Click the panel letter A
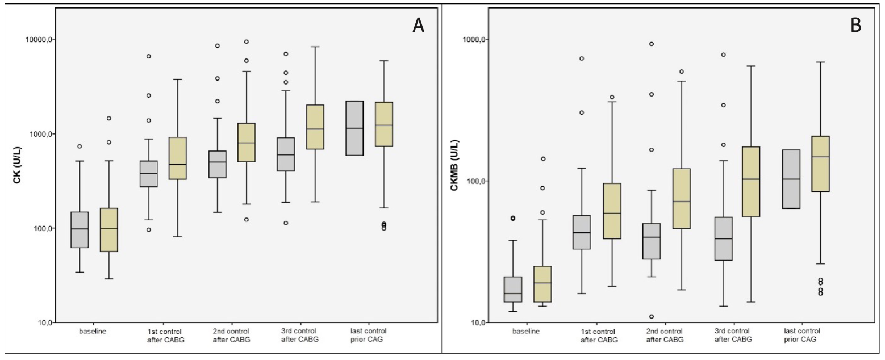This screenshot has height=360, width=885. tap(418, 26)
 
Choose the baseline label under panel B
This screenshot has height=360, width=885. tap(526, 330)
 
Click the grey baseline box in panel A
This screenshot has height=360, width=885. tap(80, 229)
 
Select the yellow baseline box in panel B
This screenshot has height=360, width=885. tap(542, 284)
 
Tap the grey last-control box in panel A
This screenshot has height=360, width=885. tap(354, 128)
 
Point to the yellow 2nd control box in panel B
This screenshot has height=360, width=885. tap(681, 198)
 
